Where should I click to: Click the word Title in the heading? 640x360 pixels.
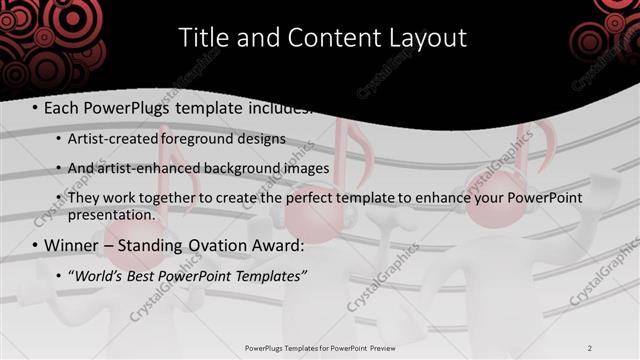203,38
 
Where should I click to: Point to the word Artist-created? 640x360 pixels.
111,138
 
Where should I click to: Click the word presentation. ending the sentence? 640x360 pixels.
112,214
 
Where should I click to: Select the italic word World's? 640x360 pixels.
97,275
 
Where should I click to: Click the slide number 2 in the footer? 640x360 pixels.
590,348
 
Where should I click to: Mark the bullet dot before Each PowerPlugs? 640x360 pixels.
36,108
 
